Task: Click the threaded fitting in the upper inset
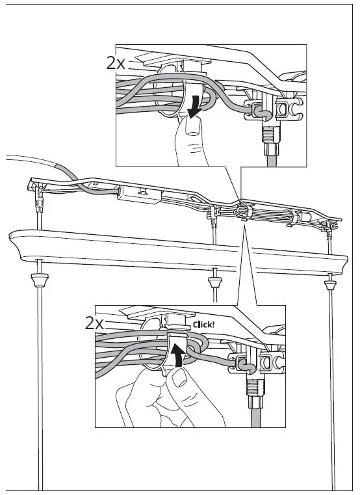(x=268, y=137)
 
